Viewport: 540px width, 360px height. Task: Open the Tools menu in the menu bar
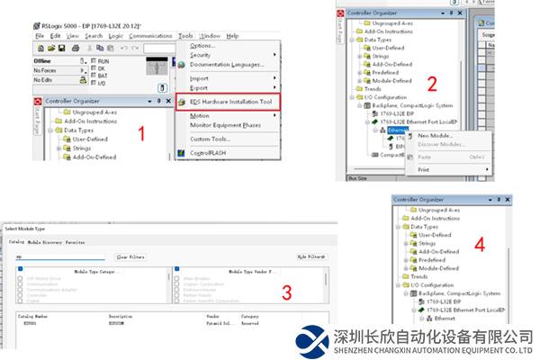click(185, 35)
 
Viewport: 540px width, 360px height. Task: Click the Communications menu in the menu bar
click(149, 35)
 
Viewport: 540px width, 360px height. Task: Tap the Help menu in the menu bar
click(232, 35)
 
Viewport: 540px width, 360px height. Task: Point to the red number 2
click(431, 85)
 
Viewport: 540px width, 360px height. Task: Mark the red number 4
click(480, 244)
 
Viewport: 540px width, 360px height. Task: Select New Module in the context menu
click(436, 135)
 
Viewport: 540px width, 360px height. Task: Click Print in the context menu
click(424, 169)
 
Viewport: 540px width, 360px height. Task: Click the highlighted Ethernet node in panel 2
click(398, 130)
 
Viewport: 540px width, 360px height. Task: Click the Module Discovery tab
click(45, 242)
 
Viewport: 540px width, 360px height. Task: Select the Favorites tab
click(75, 242)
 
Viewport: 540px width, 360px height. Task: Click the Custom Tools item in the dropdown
click(210, 139)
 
